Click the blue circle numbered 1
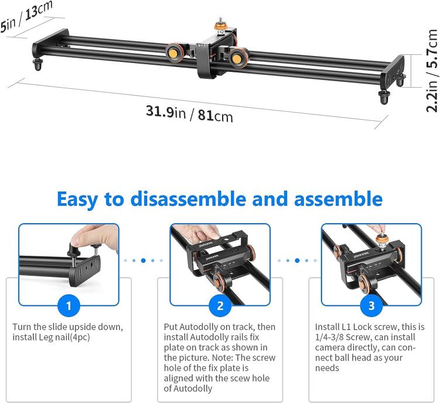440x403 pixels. (x=69, y=305)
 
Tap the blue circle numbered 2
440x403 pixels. (x=220, y=305)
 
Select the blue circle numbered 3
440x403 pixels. (x=371, y=305)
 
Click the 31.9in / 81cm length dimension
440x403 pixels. (x=189, y=113)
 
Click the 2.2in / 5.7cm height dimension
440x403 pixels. (x=432, y=71)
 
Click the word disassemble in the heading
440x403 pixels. (x=188, y=199)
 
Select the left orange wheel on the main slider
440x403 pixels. (x=175, y=52)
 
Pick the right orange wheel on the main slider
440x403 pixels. (x=238, y=58)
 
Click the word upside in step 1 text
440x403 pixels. (x=84, y=328)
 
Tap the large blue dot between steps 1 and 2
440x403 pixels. (x=143, y=260)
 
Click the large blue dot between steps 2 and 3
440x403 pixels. (x=297, y=260)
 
